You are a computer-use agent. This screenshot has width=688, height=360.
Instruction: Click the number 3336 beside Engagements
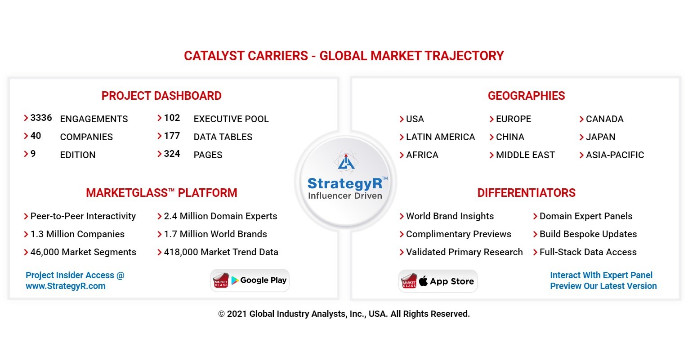[x=41, y=118]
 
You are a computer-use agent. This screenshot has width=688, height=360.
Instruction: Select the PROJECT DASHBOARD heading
[x=161, y=96]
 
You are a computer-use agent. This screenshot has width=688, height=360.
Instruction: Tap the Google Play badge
[x=250, y=280]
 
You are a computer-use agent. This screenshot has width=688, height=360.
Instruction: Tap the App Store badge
[x=438, y=281]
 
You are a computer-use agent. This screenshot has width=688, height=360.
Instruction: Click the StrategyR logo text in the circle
[x=344, y=183]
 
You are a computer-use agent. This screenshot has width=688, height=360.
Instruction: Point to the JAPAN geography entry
[x=600, y=137]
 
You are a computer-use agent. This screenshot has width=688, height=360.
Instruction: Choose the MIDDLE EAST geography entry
[x=525, y=155]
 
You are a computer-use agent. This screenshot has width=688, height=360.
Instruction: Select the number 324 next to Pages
[x=172, y=154]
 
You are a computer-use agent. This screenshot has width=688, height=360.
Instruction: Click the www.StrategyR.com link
[x=66, y=286]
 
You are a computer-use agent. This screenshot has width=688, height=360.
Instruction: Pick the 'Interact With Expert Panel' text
[x=601, y=275]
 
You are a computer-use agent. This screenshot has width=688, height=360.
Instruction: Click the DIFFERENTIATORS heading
[x=526, y=193]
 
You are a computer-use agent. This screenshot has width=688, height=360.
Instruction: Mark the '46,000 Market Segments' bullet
[x=83, y=252]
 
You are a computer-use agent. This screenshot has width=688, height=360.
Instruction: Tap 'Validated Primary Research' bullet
[x=464, y=252]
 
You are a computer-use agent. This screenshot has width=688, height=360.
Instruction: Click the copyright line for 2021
[x=344, y=314]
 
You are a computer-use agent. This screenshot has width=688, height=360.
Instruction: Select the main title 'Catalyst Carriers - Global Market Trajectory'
[x=344, y=56]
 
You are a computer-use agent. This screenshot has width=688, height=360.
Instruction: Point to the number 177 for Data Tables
[x=172, y=136]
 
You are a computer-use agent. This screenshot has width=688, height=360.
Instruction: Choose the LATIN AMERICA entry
[x=440, y=137]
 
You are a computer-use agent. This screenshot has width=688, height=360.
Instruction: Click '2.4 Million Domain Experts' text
[x=220, y=216]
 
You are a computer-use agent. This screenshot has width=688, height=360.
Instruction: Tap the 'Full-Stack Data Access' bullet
[x=588, y=252]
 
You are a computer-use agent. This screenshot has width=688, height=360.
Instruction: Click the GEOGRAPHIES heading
[x=526, y=96]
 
